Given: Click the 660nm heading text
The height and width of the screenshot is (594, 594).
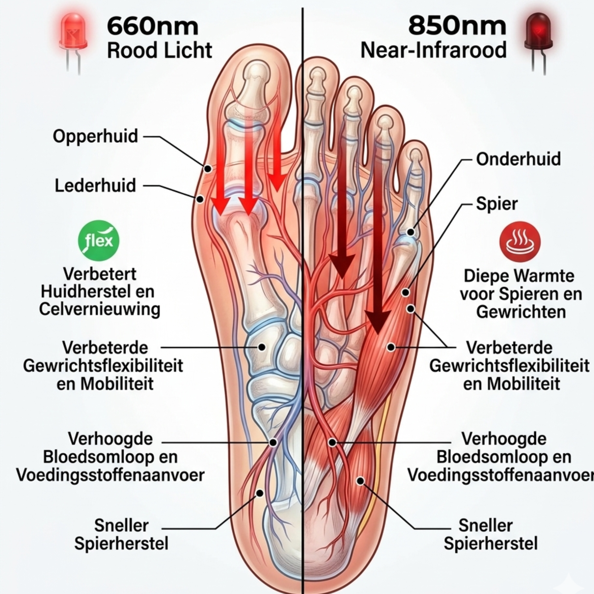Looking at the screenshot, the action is (153, 26).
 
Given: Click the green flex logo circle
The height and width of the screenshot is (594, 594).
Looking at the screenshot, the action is (99, 241).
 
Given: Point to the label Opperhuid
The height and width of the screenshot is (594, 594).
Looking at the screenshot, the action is (95, 136).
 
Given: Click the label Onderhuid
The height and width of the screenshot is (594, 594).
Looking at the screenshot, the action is (518, 159).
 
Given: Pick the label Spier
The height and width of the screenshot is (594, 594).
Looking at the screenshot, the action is (497, 204).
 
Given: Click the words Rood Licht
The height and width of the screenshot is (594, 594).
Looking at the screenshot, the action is (159, 50).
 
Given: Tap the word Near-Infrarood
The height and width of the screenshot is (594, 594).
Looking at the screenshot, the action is (433, 50).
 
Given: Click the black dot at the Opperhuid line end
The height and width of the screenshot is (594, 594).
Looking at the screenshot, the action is (208, 169).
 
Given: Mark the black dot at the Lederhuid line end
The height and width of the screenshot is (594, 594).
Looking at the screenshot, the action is (200, 199).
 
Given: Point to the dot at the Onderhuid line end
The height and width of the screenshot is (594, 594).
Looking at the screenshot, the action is (411, 232).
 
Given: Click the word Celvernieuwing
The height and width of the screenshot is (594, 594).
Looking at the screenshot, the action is (100, 309).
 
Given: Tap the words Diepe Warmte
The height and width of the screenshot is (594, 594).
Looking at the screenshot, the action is (519, 276).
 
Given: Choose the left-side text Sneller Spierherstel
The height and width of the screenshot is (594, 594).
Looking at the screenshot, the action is (121, 534).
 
